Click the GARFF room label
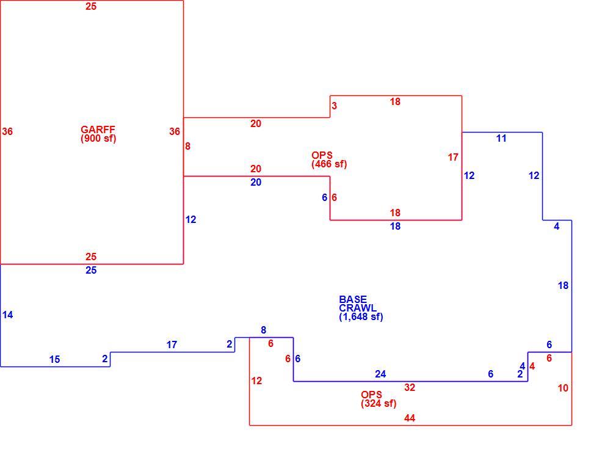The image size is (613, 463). coord(98,129)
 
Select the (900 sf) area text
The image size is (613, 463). coord(98,139)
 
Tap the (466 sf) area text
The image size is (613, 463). coord(328,164)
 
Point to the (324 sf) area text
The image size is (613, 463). coord(379,403)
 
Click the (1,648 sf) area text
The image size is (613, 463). coord(361,317)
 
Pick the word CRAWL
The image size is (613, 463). coord(358,308)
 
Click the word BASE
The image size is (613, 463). coord(353,299)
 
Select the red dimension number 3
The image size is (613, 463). coord(334,106)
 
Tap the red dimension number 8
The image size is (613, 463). coord(187,146)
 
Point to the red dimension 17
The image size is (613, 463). coord(453,157)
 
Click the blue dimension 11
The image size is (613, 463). coord(501,139)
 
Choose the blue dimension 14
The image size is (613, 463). coord(7,315)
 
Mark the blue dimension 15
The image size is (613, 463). coord(54,359)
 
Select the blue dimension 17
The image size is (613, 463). coord(172,345)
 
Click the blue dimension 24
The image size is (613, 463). coord(380,374)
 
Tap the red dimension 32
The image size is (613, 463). coord(409,387)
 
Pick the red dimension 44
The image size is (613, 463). coord(409,418)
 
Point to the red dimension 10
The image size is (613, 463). coord(563,388)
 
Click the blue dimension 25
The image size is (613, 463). coord(91,270)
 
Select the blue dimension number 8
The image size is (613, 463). coord(264,330)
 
